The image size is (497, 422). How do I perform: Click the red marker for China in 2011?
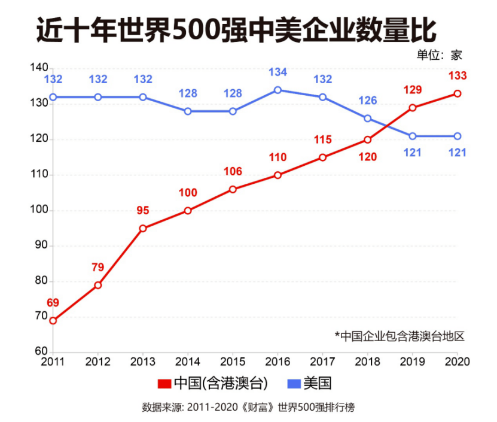coord(53,320)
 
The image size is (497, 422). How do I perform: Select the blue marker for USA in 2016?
coord(278,90)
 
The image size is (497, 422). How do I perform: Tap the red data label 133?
coord(458,76)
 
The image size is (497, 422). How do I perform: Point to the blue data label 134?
coord(278,72)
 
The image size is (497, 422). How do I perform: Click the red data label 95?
coord(143,211)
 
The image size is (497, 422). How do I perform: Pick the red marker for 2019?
coord(413,108)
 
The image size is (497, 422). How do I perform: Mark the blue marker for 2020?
coord(458,136)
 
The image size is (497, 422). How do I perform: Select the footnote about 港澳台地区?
coord(400,336)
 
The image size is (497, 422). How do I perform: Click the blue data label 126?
coord(368,101)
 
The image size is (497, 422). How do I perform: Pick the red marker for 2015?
coord(233,189)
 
